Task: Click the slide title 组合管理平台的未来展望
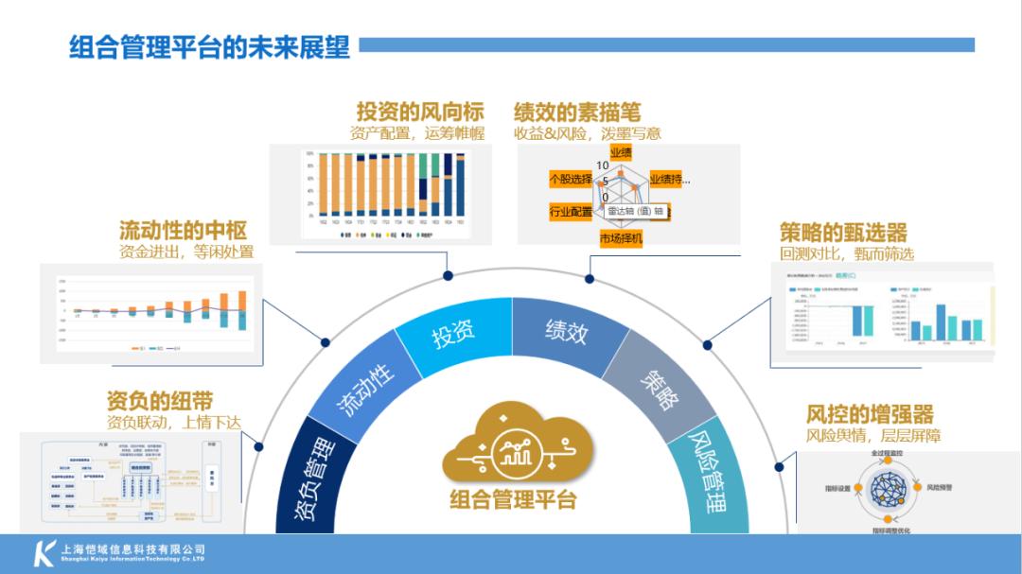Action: (x=209, y=45)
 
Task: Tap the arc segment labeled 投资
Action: (x=453, y=332)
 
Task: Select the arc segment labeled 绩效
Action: (x=567, y=331)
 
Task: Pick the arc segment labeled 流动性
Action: (x=365, y=387)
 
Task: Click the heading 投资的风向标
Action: (x=419, y=112)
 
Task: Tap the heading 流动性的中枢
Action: (x=184, y=231)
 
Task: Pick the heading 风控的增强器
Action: (x=870, y=414)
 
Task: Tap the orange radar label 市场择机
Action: (x=621, y=238)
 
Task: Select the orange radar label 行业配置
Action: (x=571, y=212)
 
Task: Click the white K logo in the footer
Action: (x=44, y=552)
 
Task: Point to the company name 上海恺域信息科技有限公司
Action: (x=132, y=548)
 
